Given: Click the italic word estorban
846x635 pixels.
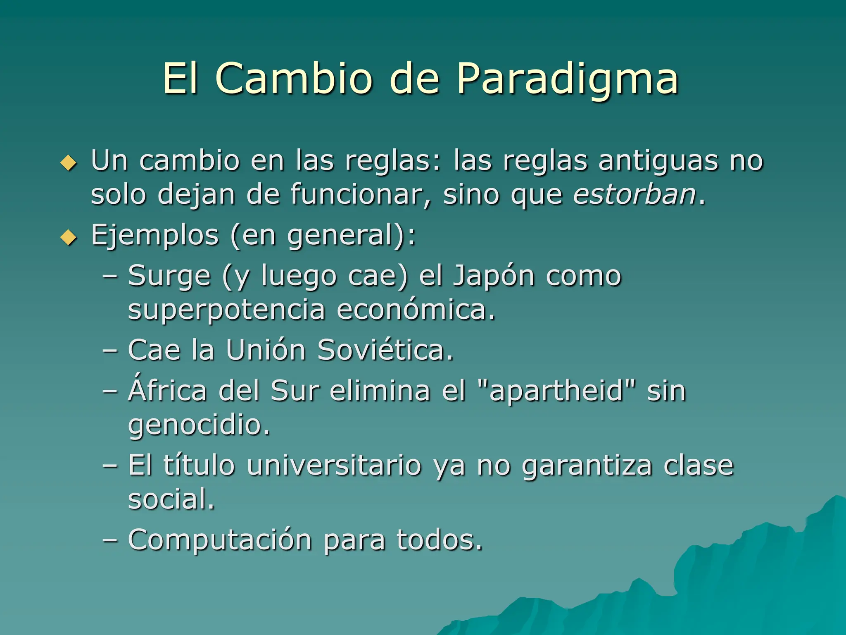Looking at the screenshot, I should click(634, 194).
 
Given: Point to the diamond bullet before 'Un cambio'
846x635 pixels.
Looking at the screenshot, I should click(69, 163).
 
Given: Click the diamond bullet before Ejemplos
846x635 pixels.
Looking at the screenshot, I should click(69, 238).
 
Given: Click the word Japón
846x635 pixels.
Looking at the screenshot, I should click(494, 276).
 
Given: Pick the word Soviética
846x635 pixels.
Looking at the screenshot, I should click(385, 350).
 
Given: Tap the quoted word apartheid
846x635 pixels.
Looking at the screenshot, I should click(556, 391).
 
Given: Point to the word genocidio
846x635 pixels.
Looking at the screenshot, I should click(199, 425).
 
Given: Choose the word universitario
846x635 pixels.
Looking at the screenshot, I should click(334, 466).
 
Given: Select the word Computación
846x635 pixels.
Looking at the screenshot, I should click(220, 540).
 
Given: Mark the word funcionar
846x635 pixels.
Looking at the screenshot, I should click(360, 194).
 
